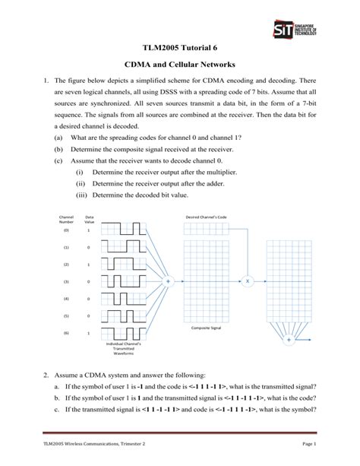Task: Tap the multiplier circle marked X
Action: click(246, 280)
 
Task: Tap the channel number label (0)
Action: click(66, 230)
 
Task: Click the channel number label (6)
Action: click(66, 333)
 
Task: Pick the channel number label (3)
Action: click(66, 281)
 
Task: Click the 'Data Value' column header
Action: click(90, 219)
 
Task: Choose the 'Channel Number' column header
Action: click(66, 219)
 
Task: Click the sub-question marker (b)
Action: click(58, 150)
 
